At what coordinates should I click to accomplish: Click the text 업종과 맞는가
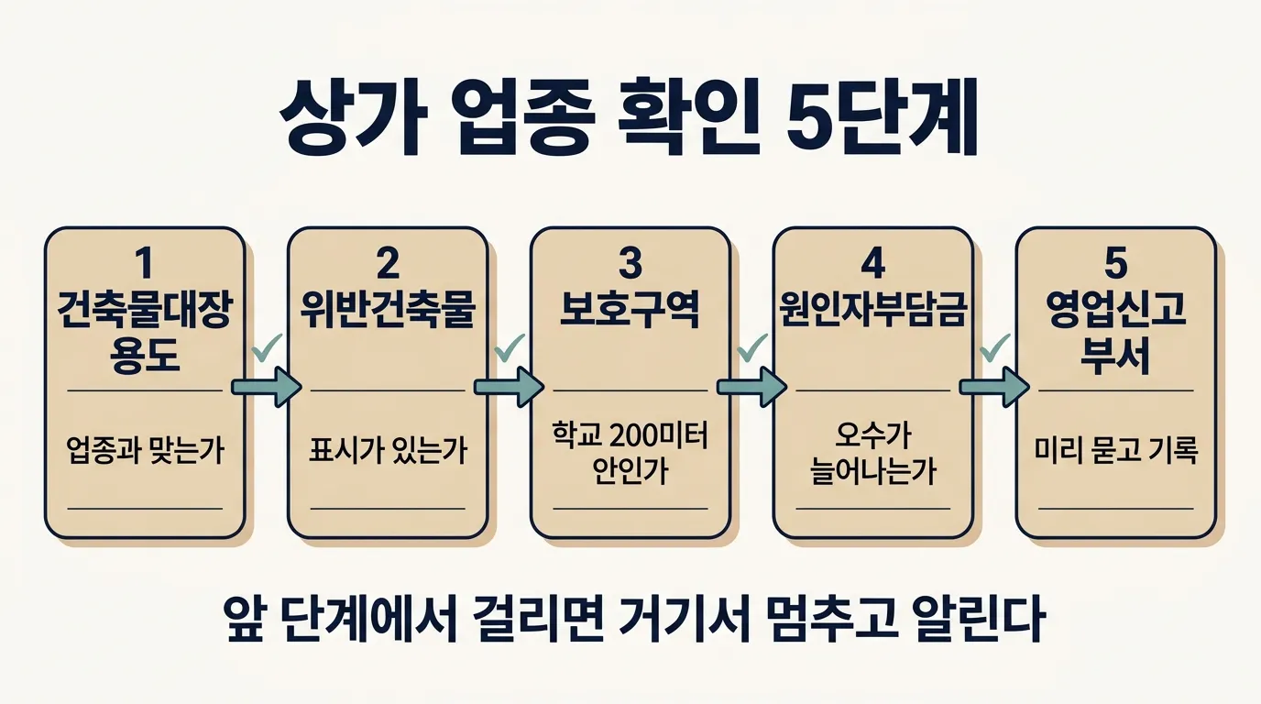coord(145,451)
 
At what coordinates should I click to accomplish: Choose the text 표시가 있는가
coord(388,451)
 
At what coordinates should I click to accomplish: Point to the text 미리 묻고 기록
coord(1116,451)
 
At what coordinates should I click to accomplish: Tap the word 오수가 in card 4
coord(873,434)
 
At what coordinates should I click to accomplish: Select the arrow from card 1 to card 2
coord(267,387)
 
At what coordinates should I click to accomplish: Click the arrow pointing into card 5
coord(994,387)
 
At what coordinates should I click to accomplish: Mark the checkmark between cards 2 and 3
coord(510,347)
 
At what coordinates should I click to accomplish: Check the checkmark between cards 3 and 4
coord(752,347)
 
